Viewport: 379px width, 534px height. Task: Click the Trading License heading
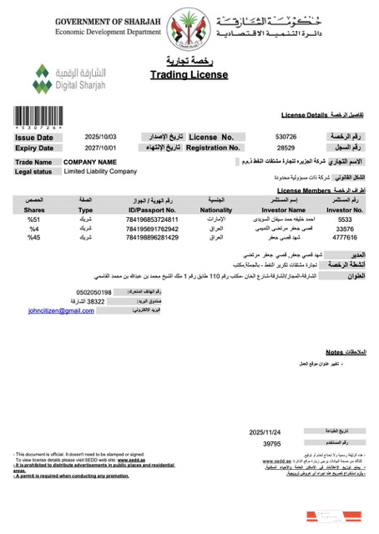tap(189, 75)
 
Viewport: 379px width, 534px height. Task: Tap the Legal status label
tap(34, 171)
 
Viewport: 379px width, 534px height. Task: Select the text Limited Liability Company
tap(100, 171)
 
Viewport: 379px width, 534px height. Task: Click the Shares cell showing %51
tap(35, 219)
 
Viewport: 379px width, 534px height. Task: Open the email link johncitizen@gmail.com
tap(61, 334)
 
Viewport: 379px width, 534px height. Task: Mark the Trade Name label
tap(33, 162)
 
